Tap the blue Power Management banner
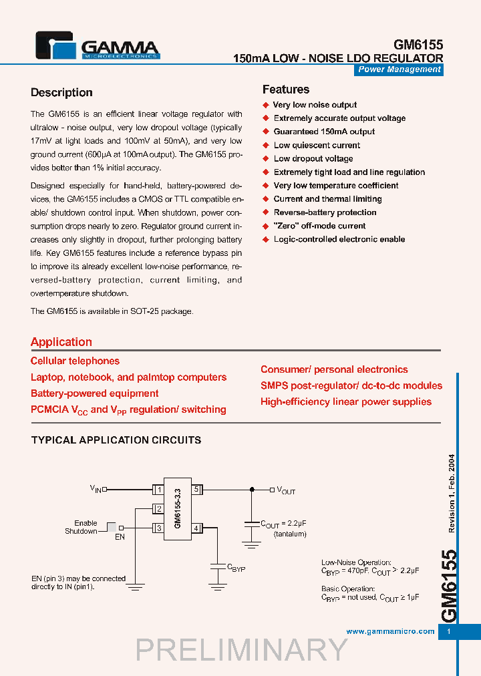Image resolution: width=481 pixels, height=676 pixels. click(x=399, y=69)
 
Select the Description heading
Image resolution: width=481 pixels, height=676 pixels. click(x=61, y=93)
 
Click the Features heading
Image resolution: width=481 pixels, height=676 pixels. click(x=285, y=90)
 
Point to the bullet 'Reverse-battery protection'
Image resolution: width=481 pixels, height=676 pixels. click(x=325, y=212)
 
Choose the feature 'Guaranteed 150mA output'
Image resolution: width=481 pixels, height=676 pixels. click(x=324, y=132)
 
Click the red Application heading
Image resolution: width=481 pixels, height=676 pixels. click(x=61, y=342)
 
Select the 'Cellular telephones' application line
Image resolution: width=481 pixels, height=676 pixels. click(x=75, y=361)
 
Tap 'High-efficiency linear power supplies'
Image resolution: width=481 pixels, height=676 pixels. click(x=346, y=401)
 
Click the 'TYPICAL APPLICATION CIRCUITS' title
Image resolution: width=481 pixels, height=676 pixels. click(x=116, y=440)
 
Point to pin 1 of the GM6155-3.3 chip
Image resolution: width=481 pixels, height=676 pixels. click(x=159, y=490)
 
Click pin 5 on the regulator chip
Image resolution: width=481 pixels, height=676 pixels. click(x=196, y=490)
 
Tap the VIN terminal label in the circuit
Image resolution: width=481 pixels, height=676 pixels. click(x=96, y=489)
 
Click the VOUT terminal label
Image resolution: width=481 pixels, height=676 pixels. click(x=285, y=490)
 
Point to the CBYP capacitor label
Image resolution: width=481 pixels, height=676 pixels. click(x=236, y=568)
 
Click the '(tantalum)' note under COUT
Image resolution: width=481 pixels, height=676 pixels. click(x=290, y=534)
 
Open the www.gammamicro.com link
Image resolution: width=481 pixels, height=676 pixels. click(x=391, y=631)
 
